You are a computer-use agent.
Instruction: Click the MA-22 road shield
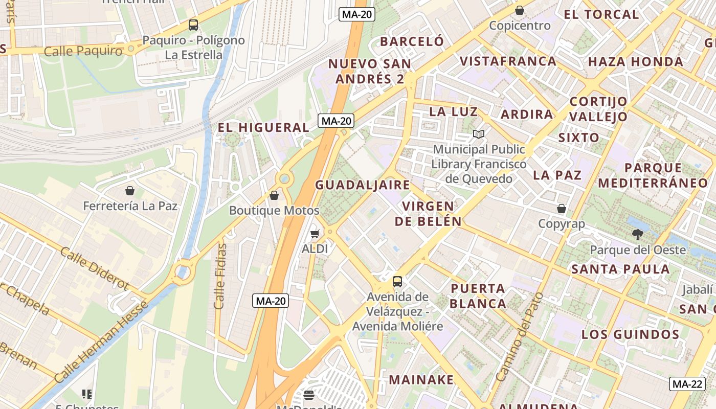coord(687,384)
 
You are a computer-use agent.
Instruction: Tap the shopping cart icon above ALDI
coord(315,234)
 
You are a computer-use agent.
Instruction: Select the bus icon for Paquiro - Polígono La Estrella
coord(193,25)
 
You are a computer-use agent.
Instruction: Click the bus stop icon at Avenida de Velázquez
coord(397,281)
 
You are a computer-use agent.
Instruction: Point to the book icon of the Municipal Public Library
coord(479,134)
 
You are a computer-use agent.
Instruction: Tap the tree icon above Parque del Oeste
coord(637,235)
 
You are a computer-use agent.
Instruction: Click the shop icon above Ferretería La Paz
coord(130,191)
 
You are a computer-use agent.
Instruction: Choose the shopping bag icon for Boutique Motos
coord(274,195)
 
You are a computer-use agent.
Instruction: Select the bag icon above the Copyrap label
coord(561,209)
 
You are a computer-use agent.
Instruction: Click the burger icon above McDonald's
coord(308,395)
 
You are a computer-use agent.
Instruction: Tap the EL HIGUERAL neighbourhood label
coord(263,127)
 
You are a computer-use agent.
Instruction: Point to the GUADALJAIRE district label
coord(362,185)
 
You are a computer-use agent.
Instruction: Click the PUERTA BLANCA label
coord(478,296)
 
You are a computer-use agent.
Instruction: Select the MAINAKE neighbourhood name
coord(421,379)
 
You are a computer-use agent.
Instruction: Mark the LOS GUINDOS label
coord(630,334)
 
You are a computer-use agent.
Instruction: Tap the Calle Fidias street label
coord(220,276)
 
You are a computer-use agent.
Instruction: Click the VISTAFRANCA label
coord(507,61)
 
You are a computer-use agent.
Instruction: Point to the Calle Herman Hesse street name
coord(101,342)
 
